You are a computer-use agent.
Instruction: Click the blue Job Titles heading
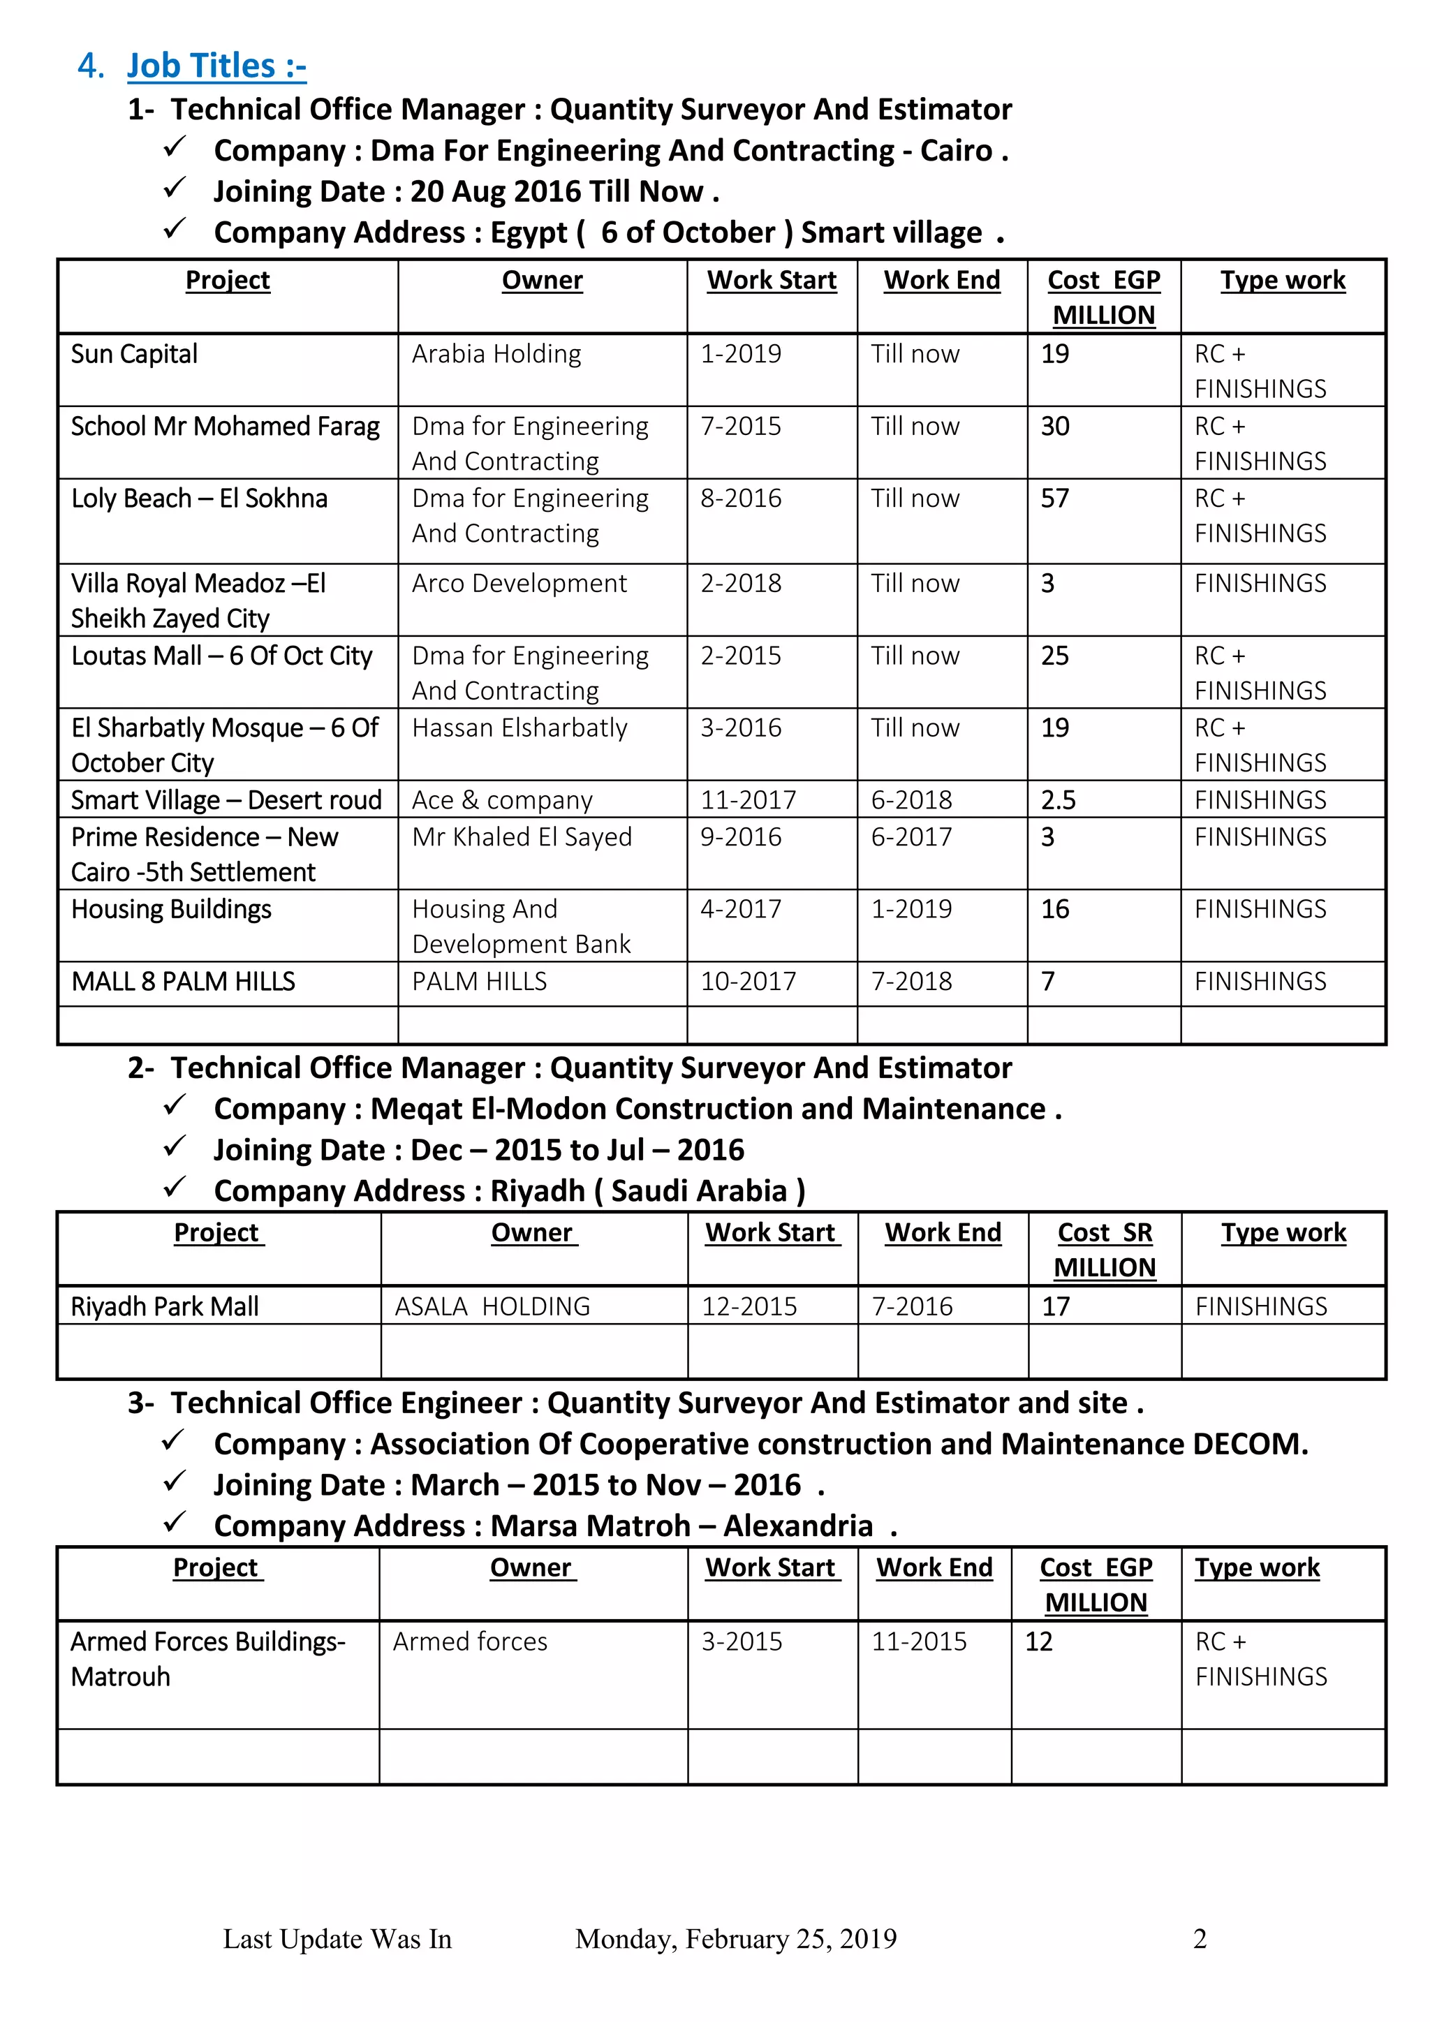[x=216, y=66]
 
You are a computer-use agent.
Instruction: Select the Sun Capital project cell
[x=135, y=354]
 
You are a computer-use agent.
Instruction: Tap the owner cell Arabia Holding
[x=496, y=354]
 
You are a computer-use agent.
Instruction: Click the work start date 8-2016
[x=741, y=499]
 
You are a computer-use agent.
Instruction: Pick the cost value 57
[x=1054, y=499]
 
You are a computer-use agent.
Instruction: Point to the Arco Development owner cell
[x=519, y=583]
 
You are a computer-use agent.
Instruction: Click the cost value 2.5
[x=1058, y=799]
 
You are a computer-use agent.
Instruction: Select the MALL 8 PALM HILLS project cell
[x=183, y=981]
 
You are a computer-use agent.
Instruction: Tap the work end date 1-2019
[x=911, y=909]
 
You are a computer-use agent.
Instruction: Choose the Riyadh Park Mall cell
[x=165, y=1306]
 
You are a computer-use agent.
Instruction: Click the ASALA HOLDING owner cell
[x=492, y=1306]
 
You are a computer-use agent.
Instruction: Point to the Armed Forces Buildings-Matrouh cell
[x=208, y=1658]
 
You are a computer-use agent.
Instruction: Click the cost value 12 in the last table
[x=1038, y=1641]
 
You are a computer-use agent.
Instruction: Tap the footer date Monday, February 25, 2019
[x=735, y=1938]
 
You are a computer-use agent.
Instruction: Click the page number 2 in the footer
[x=1200, y=1938]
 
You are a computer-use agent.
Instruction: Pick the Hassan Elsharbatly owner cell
[x=519, y=728]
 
